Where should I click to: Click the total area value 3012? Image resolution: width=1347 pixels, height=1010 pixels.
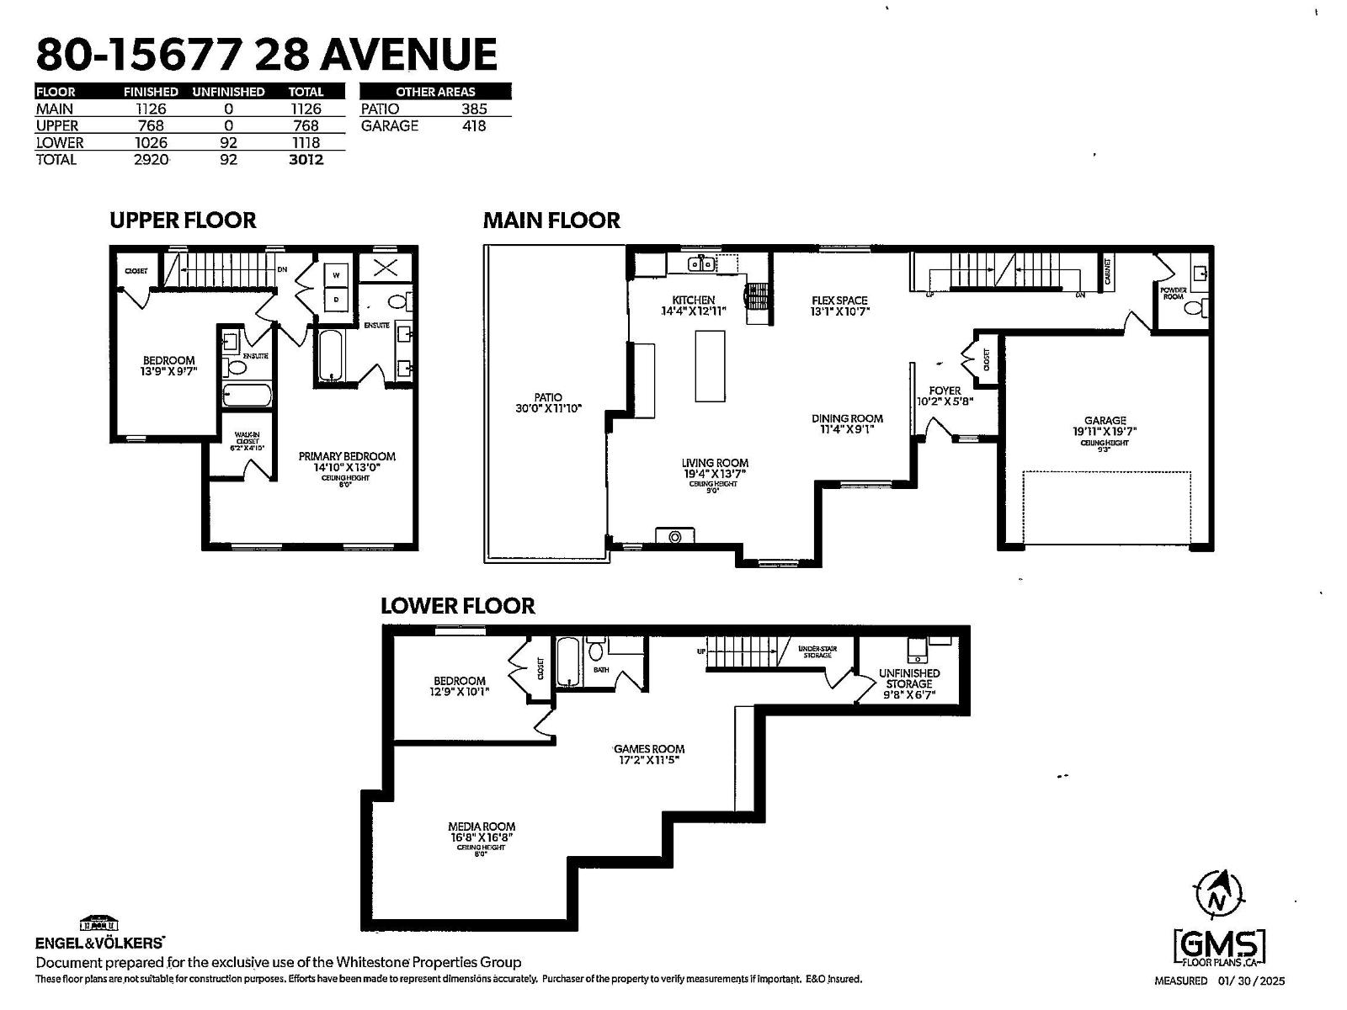click(x=306, y=160)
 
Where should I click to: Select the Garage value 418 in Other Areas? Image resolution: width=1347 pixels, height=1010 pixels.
click(x=474, y=126)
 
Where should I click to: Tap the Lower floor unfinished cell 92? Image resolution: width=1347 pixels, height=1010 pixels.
click(x=228, y=143)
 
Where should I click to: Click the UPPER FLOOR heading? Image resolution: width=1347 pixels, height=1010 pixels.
click(x=183, y=221)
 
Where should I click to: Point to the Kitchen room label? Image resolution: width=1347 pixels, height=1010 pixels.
click(x=693, y=300)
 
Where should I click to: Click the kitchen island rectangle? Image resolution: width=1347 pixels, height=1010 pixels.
click(x=710, y=366)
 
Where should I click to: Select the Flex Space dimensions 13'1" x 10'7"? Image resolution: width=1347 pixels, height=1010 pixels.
click(x=839, y=311)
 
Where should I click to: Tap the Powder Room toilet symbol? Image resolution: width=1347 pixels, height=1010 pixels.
click(x=1193, y=308)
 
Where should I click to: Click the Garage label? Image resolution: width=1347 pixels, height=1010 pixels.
click(x=1105, y=421)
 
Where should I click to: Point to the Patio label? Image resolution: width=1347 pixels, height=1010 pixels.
click(x=548, y=397)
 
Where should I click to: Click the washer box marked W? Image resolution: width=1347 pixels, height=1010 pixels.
click(x=336, y=275)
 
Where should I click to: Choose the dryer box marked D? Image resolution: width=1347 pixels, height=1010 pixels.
click(x=336, y=299)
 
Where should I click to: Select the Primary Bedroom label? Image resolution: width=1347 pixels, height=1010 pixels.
click(x=347, y=456)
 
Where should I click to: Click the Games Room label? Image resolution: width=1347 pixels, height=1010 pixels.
click(x=648, y=749)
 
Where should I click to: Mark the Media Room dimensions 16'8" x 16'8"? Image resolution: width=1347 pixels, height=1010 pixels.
click(x=482, y=837)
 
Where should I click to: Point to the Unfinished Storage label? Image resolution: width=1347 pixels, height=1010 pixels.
click(x=909, y=678)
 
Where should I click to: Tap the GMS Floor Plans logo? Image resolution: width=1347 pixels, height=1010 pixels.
click(x=1220, y=949)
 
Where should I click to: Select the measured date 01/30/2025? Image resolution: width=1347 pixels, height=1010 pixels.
click(x=1251, y=981)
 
